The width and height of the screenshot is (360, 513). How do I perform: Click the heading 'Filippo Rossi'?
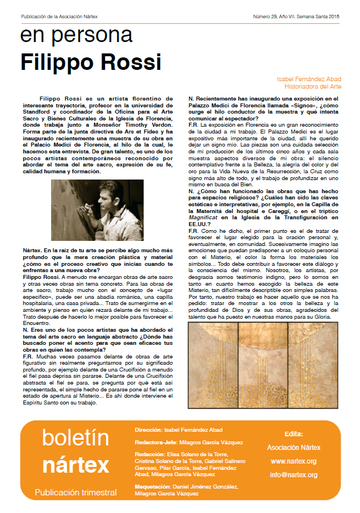[x=91, y=61]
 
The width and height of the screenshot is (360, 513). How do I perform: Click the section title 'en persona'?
[x=76, y=36]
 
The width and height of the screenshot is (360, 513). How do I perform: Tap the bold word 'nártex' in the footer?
[x=76, y=464]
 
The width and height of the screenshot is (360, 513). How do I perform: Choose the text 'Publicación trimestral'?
[x=76, y=492]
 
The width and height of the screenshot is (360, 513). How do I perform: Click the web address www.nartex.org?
[x=294, y=461]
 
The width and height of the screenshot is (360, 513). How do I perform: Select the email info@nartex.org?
[x=294, y=474]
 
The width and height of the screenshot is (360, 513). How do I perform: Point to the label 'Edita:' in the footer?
[x=294, y=433]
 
